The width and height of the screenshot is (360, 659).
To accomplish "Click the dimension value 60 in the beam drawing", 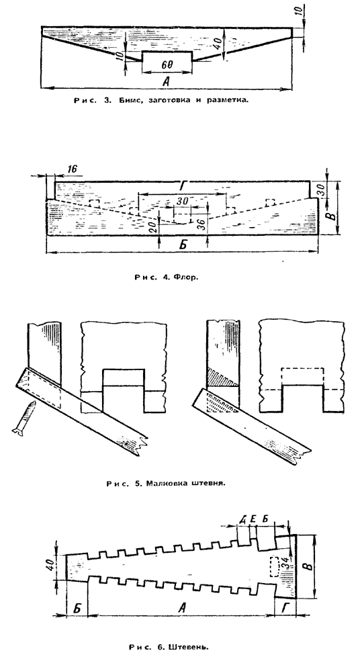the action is (x=167, y=65).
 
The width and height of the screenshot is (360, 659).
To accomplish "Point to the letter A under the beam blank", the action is (x=166, y=82).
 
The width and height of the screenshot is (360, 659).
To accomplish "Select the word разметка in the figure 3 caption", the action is (x=226, y=101).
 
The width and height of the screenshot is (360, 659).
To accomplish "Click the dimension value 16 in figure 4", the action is (x=71, y=169).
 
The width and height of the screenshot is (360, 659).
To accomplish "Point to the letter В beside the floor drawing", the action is (x=331, y=216).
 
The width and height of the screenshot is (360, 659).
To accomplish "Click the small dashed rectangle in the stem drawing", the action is (x=275, y=566).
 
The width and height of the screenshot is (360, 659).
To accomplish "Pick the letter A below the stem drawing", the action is (x=182, y=607).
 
